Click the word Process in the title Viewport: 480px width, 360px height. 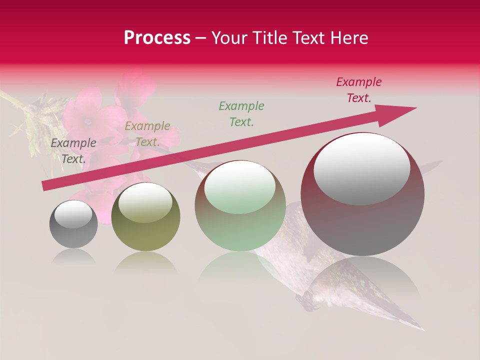(157, 38)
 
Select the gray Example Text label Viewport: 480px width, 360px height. (73, 151)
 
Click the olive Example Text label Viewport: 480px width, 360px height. (147, 134)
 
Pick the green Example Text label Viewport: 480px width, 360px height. (241, 113)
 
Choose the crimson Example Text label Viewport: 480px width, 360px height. (359, 90)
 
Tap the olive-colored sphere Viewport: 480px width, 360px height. (145, 235)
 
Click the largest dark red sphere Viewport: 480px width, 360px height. (362, 225)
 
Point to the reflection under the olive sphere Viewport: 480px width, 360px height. (145, 262)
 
